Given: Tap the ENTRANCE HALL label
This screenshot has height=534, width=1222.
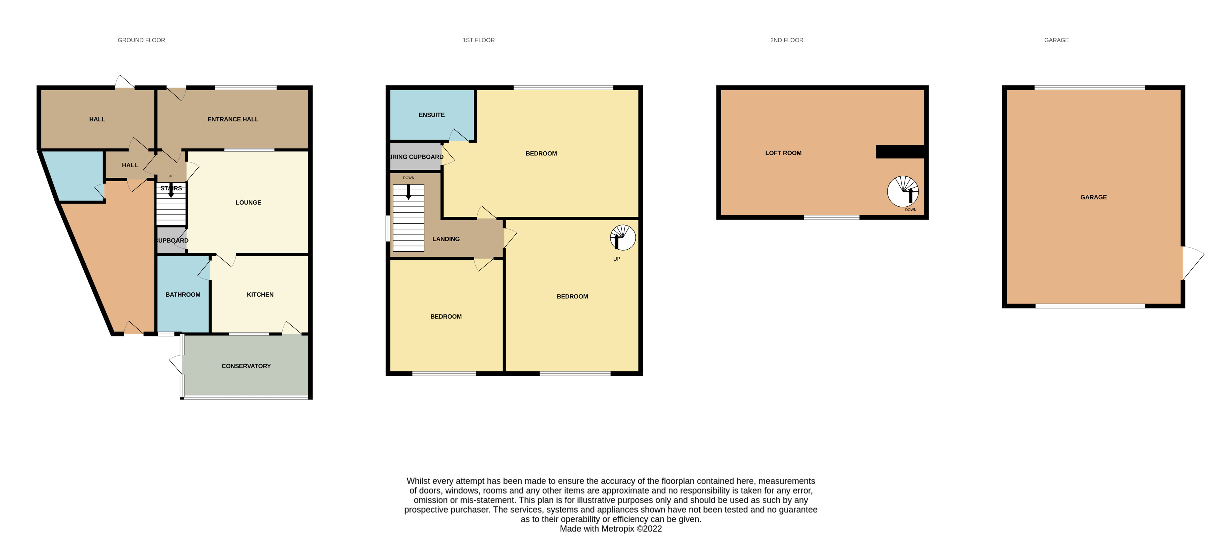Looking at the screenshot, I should [232, 119].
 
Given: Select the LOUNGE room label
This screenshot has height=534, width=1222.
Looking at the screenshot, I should [248, 202].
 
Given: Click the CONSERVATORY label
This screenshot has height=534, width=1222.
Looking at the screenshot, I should [246, 366].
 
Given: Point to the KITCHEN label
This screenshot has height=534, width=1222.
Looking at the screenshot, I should [260, 294].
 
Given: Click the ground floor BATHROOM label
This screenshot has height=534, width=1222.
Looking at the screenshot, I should [183, 294].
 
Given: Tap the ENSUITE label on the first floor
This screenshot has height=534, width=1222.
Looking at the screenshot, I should [431, 115].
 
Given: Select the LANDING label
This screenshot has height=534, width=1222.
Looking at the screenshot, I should [445, 239].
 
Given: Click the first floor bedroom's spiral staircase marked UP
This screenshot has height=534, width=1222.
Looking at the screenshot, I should [622, 237].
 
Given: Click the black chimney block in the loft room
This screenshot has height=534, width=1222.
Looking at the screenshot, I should [900, 151].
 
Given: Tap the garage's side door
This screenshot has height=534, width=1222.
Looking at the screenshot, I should [1191, 262].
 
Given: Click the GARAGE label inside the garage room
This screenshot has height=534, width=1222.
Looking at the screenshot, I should [1093, 197].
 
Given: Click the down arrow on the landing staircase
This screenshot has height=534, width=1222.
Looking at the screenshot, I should [408, 192].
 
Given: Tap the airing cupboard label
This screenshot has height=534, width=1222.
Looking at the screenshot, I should [416, 157].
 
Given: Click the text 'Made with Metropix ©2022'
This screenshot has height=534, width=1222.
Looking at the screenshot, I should [610, 529].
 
